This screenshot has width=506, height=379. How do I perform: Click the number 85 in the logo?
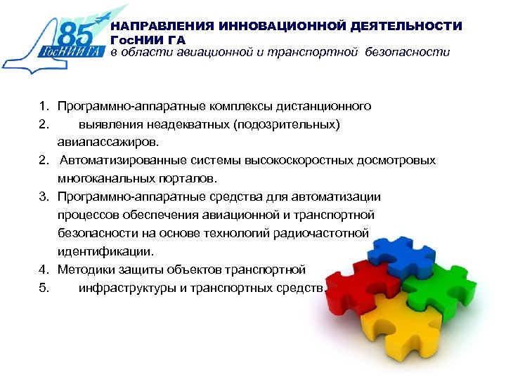point(78,32)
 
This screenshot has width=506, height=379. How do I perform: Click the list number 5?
point(43,287)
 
